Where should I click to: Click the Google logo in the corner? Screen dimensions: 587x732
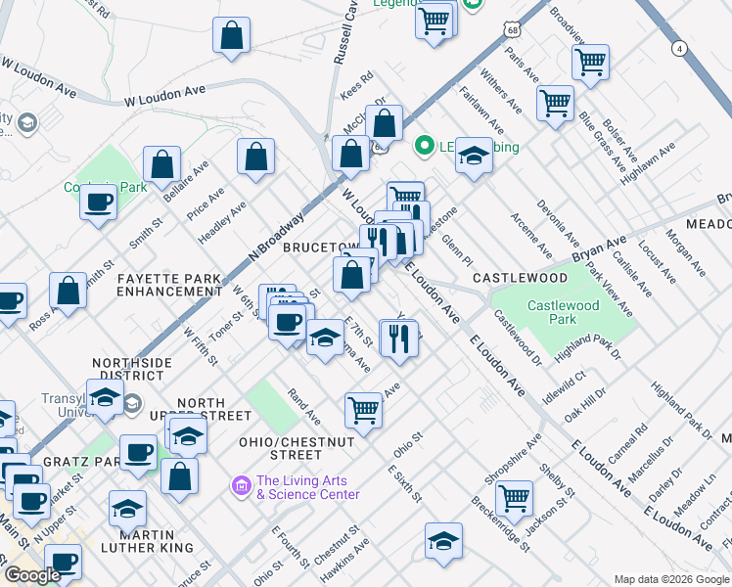point(32,575)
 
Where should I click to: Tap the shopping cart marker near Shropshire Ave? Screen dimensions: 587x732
point(514,498)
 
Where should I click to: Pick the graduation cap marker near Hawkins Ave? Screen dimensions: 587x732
point(443,541)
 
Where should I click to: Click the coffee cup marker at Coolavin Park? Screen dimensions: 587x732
point(97,203)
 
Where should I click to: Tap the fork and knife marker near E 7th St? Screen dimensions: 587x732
point(398,339)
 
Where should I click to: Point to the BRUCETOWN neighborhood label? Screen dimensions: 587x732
point(321,248)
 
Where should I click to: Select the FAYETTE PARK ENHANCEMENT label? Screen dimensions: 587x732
point(169,286)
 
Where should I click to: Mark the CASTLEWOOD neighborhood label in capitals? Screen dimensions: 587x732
point(520,279)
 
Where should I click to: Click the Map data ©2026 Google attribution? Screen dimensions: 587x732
point(670,579)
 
